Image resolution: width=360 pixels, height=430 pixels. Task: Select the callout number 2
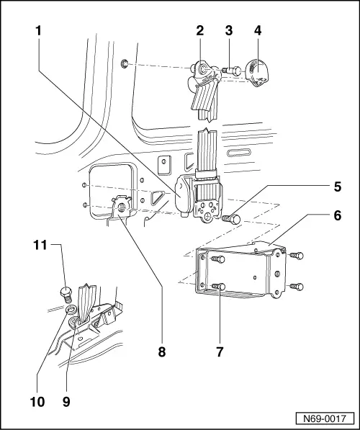[199, 31]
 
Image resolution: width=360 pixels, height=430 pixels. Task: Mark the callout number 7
[221, 352]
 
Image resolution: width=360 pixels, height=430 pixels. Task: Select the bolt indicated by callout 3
[231, 70]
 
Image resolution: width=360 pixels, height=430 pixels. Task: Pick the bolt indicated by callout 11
[63, 293]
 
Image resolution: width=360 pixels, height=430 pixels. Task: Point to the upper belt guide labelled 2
[203, 76]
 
